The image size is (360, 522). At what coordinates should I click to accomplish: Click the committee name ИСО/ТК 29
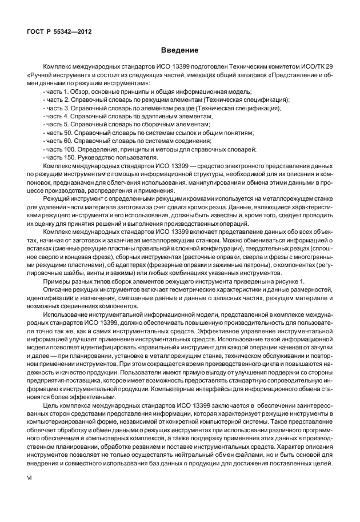pos(317,67)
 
